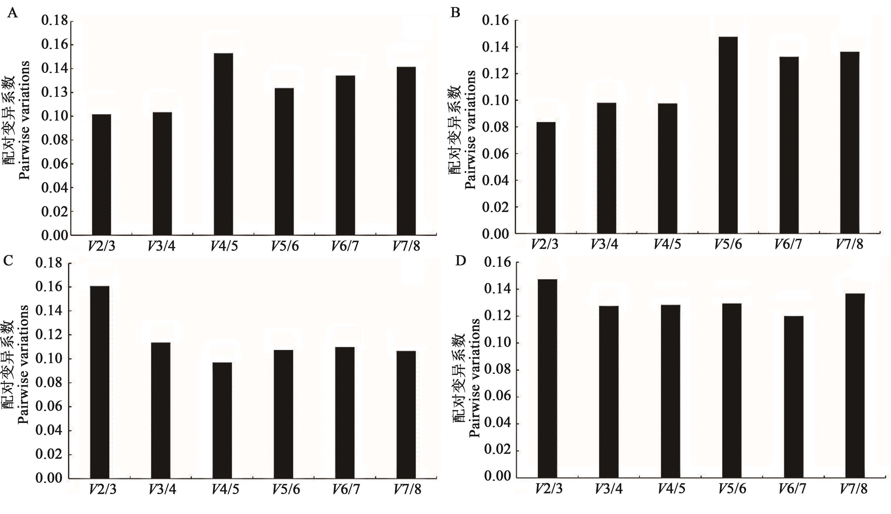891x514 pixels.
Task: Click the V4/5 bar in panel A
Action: pos(223,144)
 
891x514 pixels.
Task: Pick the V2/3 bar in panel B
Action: pos(546,178)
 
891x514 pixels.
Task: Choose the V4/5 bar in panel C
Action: pos(222,420)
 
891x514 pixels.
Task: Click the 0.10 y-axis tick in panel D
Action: pos(497,343)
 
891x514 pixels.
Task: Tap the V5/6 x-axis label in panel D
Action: pos(732,489)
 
